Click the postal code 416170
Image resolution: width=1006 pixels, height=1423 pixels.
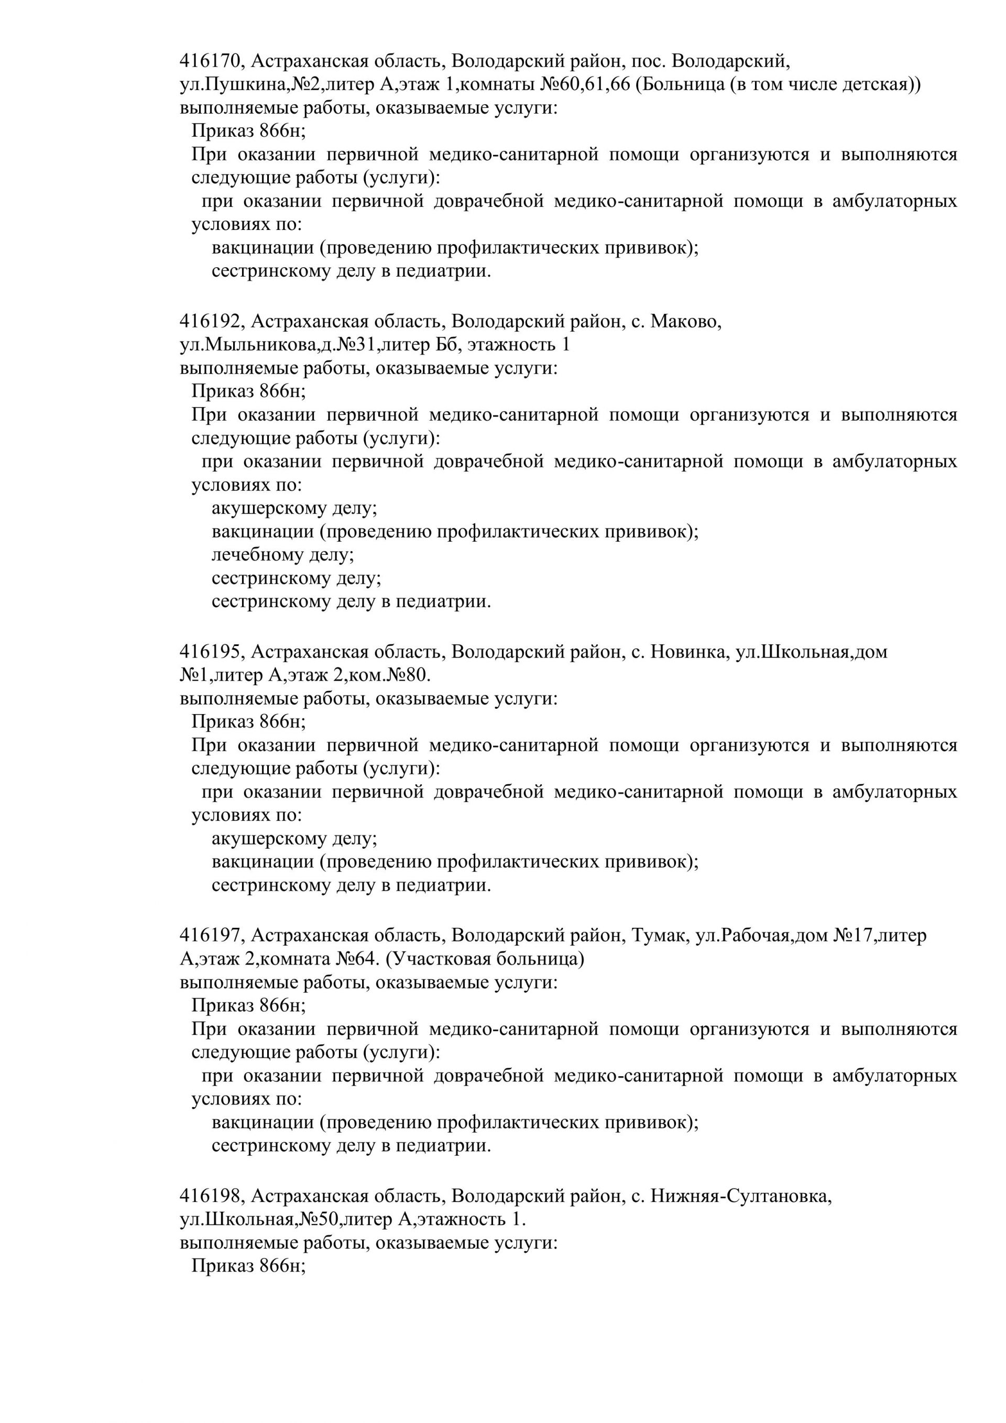pos(211,61)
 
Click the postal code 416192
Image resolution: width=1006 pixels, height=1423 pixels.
pos(211,322)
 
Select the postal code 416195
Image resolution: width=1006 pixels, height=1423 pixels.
pos(211,651)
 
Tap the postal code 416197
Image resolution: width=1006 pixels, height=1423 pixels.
pos(211,935)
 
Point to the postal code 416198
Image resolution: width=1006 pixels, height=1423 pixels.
pos(211,1196)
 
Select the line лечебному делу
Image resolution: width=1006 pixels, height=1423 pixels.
pos(282,555)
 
